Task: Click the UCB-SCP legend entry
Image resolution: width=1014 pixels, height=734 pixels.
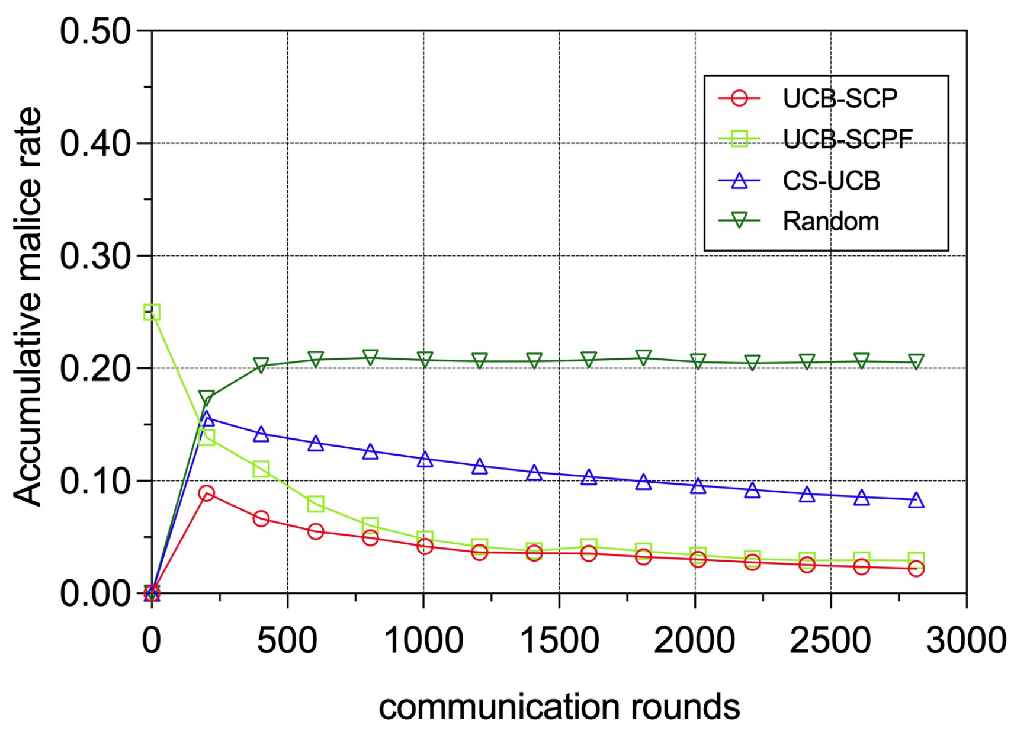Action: coord(839,98)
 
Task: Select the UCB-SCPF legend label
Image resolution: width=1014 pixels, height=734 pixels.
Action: coord(847,139)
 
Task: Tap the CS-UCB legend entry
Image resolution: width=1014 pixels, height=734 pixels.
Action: coord(831,181)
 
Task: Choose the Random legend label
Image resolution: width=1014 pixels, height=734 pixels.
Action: coord(830,222)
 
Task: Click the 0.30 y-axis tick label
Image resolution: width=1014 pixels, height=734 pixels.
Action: coord(95,257)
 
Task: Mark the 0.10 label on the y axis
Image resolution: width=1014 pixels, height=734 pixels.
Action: coord(95,481)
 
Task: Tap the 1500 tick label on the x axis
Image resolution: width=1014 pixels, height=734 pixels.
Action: coord(559,640)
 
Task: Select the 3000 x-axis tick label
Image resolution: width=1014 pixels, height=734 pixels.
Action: coord(965,640)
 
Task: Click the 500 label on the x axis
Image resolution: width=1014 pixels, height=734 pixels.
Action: coord(287,640)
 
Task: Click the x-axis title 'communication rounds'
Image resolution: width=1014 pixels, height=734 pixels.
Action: coord(559,707)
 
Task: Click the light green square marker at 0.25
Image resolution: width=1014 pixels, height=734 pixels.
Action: coord(152,312)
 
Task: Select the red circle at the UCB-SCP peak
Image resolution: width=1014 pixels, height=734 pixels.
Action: coord(206,493)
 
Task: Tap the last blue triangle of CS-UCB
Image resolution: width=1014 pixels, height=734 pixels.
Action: coord(916,500)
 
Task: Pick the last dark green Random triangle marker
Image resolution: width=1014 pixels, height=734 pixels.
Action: coord(916,361)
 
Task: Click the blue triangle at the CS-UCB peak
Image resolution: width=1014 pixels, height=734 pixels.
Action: coord(206,419)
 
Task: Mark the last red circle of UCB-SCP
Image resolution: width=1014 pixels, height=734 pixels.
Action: coord(916,569)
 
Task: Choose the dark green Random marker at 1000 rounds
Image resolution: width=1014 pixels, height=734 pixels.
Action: coord(424,360)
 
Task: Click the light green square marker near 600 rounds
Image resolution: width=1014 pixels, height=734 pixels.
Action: coord(316,504)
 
